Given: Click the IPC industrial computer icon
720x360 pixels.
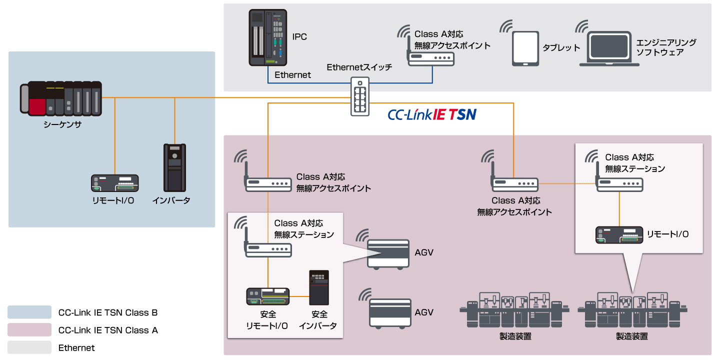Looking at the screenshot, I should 269,38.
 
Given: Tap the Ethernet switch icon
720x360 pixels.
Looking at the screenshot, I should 360,97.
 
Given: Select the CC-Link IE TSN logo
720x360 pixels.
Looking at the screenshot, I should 432,115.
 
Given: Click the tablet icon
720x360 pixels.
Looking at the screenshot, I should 525,48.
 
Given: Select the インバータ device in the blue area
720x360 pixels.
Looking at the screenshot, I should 174,167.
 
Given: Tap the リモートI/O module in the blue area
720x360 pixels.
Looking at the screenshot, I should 115,183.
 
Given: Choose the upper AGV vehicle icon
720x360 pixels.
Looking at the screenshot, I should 389,254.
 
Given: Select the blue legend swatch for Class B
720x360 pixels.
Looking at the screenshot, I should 29,312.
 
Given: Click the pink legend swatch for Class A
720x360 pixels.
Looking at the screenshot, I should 29,330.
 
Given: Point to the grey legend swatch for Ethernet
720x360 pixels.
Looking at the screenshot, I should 29,347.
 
